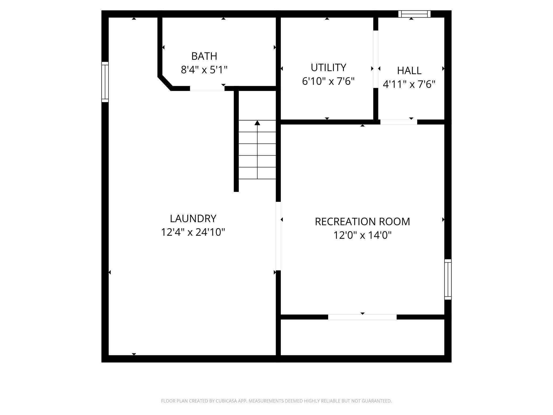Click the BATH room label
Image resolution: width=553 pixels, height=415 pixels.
(x=204, y=56)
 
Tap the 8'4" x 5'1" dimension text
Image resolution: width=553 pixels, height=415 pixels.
(x=204, y=70)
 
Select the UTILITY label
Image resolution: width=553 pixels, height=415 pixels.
(x=328, y=68)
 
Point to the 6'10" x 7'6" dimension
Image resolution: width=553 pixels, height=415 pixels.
(x=328, y=81)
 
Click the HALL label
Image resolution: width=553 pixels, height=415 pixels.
(x=409, y=71)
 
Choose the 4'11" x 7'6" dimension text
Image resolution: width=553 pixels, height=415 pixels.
(x=409, y=84)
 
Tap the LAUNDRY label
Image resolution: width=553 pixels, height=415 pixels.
(x=193, y=219)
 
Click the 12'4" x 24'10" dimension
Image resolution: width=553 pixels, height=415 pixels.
(x=193, y=232)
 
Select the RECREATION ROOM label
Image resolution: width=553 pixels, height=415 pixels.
(x=362, y=222)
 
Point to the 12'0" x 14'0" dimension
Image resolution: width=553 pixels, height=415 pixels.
(x=362, y=235)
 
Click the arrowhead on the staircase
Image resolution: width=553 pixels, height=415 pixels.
(x=257, y=123)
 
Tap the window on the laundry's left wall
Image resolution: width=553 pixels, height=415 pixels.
(x=105, y=82)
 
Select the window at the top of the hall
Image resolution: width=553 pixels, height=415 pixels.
(x=414, y=14)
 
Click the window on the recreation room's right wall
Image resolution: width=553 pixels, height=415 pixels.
(x=448, y=279)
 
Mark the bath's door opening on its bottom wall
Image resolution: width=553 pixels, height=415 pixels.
(x=207, y=89)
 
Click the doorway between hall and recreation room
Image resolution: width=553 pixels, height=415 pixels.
(x=399, y=122)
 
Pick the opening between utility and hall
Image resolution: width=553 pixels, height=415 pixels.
(x=376, y=59)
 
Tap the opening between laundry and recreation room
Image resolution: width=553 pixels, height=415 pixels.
(x=278, y=236)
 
